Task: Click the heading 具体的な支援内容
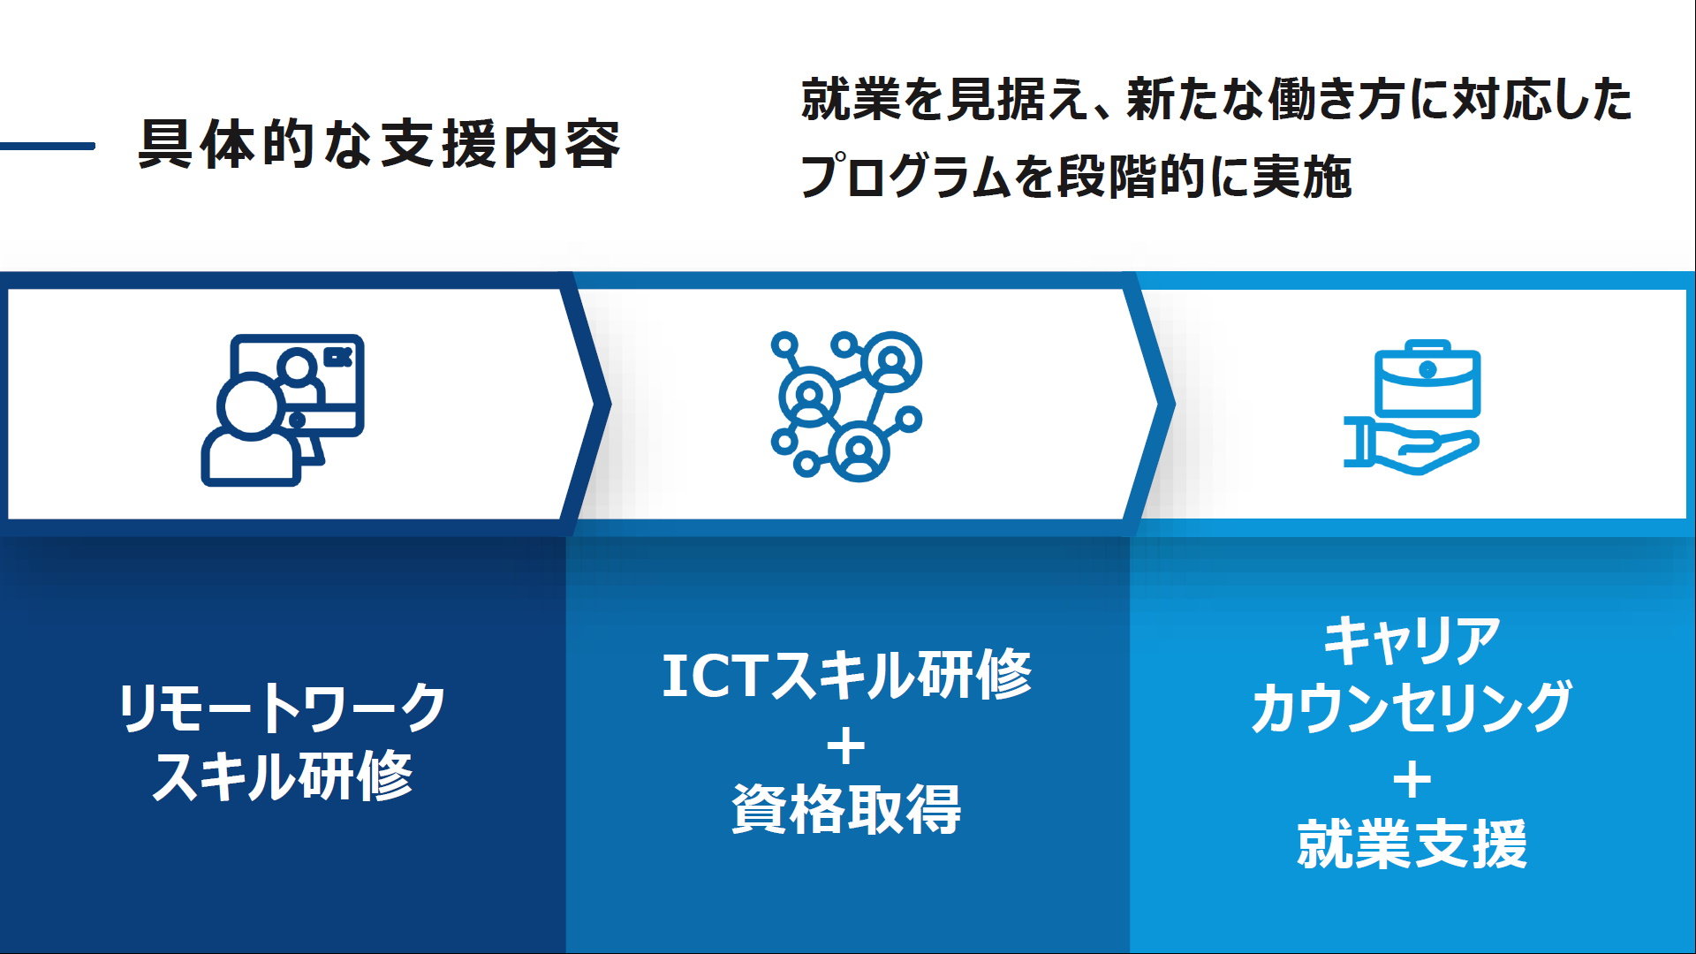pyautogui.click(x=380, y=145)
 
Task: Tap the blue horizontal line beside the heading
pyautogui.click(x=47, y=146)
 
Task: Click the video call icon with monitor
pyautogui.click(x=283, y=410)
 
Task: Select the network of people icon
pyautogui.click(x=846, y=405)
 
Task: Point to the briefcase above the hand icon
pyautogui.click(x=1427, y=378)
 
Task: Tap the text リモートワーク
pyautogui.click(x=283, y=708)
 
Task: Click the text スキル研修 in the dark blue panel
pyautogui.click(x=283, y=776)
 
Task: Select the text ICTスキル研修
pyautogui.click(x=847, y=676)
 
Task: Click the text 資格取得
pyautogui.click(x=847, y=809)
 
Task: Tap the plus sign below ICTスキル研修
pyautogui.click(x=847, y=746)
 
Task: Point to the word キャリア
pyautogui.click(x=1412, y=640)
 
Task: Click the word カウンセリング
pyautogui.click(x=1412, y=708)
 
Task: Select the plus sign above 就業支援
pyautogui.click(x=1412, y=780)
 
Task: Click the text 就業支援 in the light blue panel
pyautogui.click(x=1412, y=844)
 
